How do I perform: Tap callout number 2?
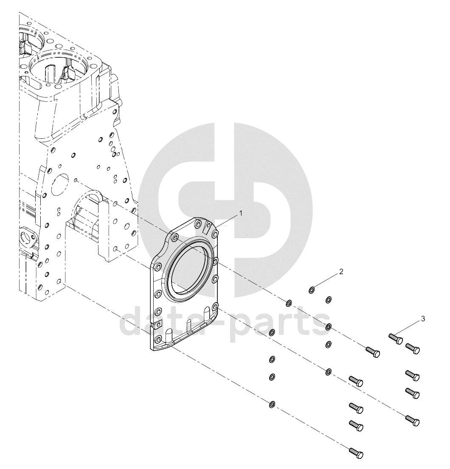pos(341,272)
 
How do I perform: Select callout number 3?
pos(423,319)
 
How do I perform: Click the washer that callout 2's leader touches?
pos(312,289)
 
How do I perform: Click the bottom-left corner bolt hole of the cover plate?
pos(158,339)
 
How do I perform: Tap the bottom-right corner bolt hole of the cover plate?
pos(214,307)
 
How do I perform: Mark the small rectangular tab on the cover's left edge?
pos(156,324)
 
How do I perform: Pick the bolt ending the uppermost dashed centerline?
pos(373,352)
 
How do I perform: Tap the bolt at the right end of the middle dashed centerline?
pos(412,420)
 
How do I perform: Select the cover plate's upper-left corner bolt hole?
pos(175,238)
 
